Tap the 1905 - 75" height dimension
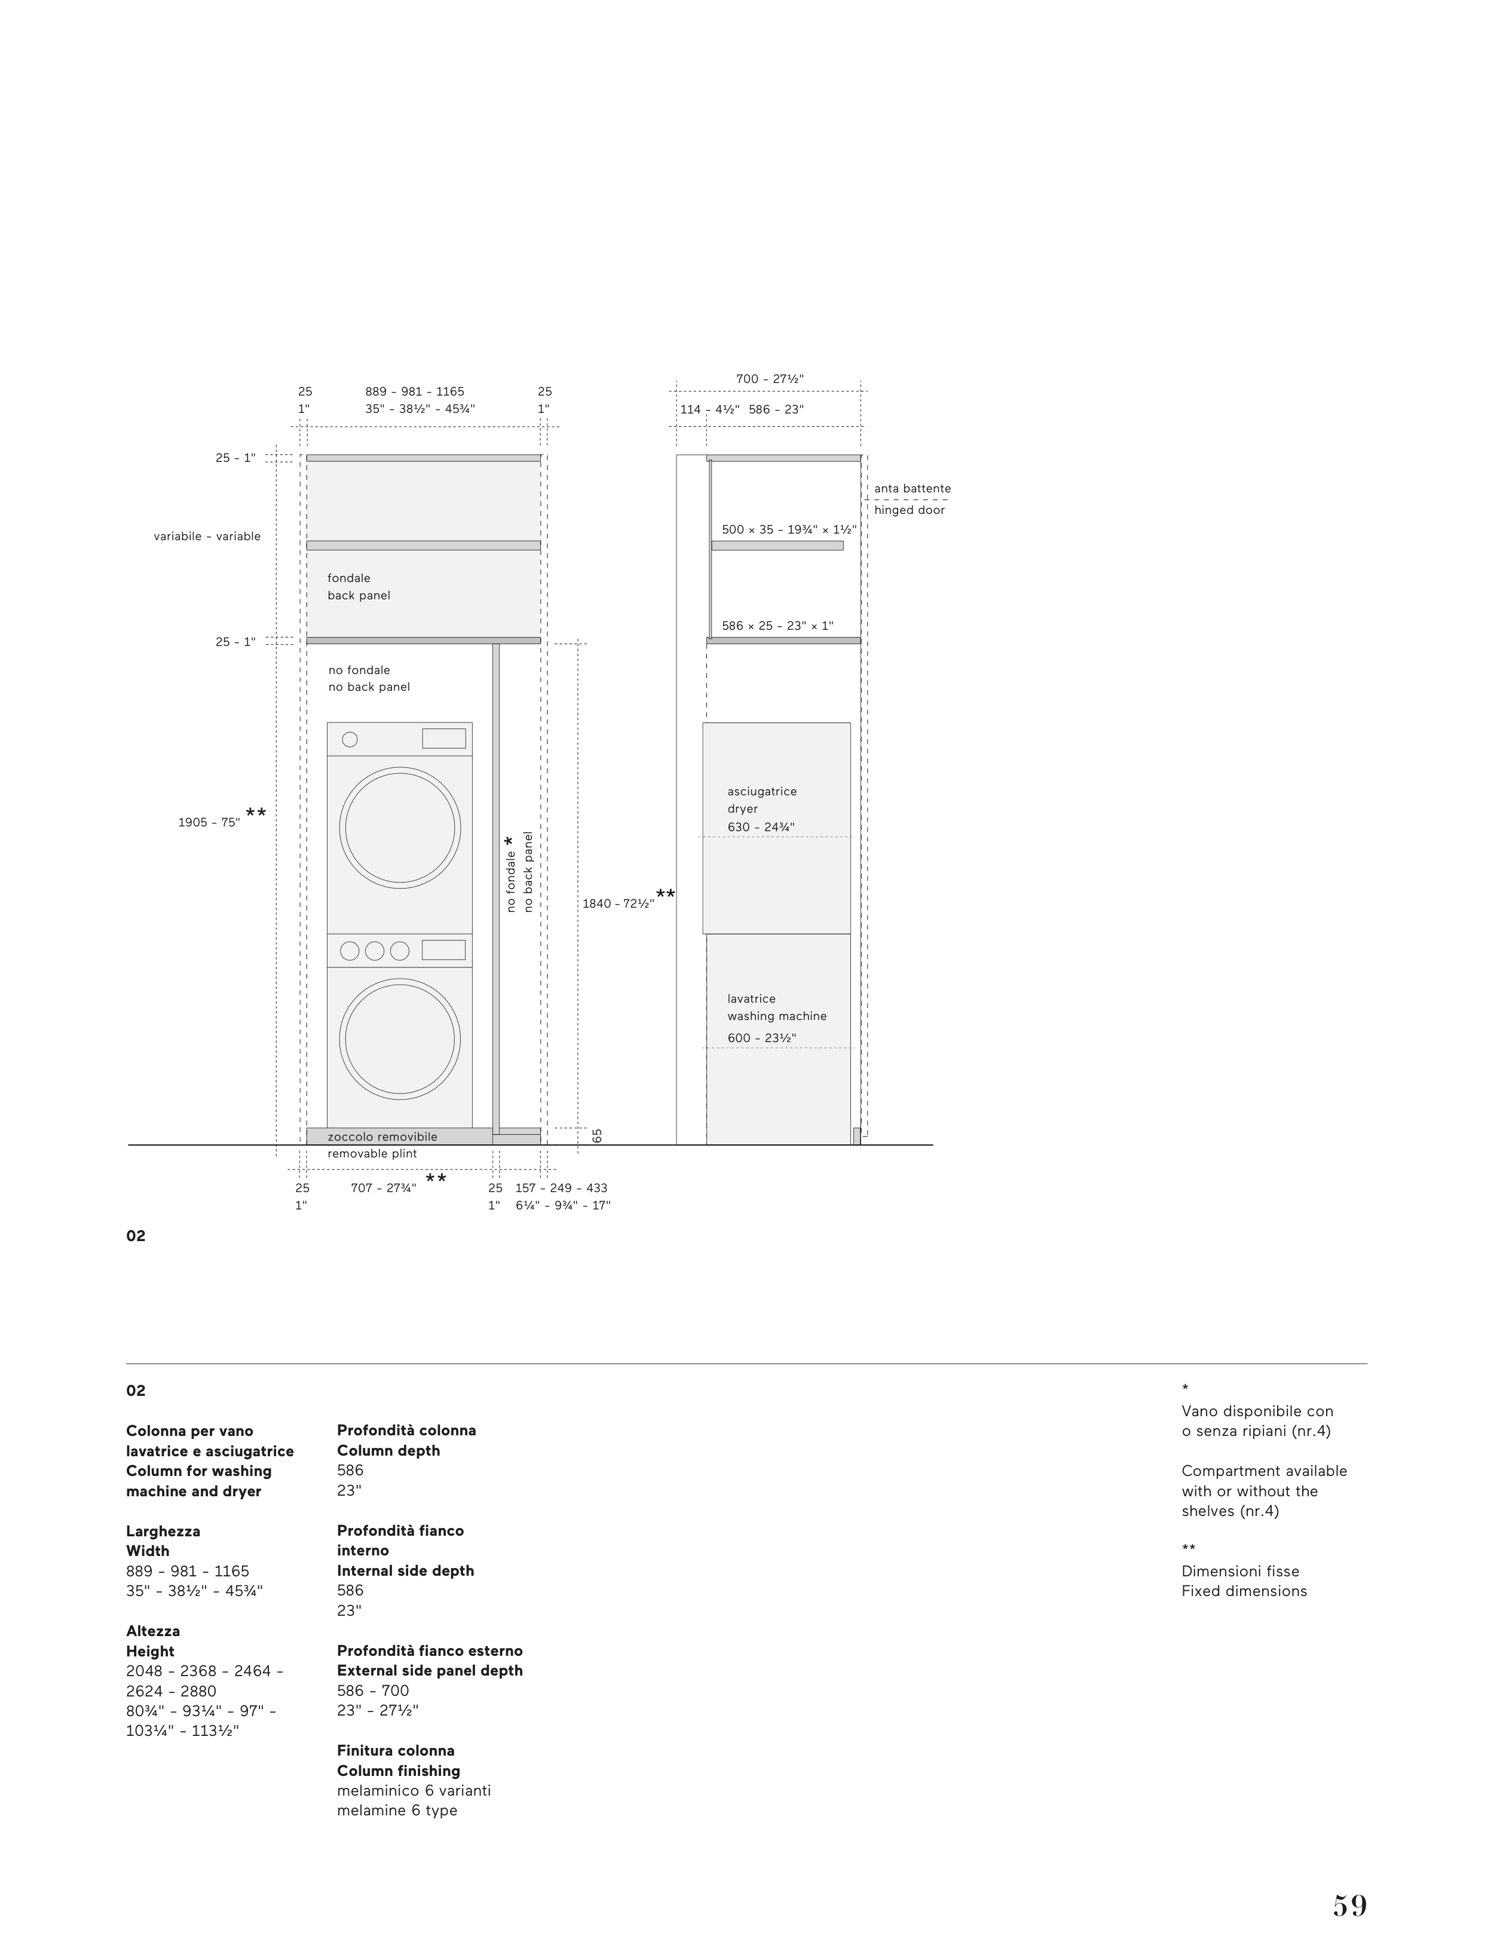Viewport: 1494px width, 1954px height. [x=209, y=822]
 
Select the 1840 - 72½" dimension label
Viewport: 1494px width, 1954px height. [x=618, y=904]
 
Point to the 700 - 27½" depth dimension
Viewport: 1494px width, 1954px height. [x=769, y=379]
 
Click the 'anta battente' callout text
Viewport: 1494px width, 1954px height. [x=911, y=488]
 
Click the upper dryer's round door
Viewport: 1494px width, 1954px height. [x=400, y=827]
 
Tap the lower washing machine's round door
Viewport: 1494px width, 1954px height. [x=400, y=1039]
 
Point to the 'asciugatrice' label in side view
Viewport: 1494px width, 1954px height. [x=762, y=791]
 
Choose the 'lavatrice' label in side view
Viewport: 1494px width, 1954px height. [x=751, y=999]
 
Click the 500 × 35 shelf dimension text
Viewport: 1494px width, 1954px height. [x=789, y=530]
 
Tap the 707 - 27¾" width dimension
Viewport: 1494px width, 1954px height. [x=383, y=1188]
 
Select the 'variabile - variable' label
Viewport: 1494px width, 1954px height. [x=207, y=536]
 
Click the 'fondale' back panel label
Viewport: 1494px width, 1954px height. [x=348, y=578]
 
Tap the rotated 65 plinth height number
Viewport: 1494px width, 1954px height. [x=598, y=1135]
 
